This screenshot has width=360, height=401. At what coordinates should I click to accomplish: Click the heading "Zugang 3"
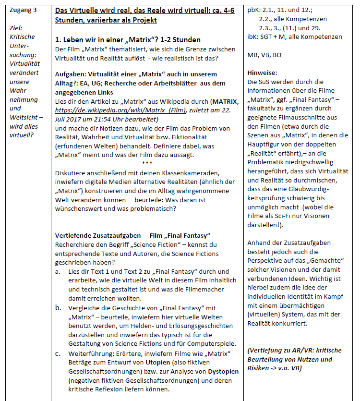pos(24,10)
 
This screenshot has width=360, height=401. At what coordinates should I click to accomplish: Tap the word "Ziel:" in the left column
pos(17,28)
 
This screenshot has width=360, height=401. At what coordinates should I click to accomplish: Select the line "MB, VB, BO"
pos(264,55)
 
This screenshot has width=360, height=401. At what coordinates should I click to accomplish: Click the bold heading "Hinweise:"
pos(262,73)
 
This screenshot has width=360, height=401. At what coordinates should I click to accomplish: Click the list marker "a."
pos(58,271)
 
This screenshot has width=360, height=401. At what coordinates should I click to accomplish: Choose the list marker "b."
pos(58,308)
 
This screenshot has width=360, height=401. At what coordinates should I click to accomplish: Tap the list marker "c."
pos(58,353)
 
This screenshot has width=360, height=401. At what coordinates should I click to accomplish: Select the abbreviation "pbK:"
pos(254,10)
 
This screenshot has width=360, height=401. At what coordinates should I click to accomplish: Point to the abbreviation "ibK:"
pos(254,36)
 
